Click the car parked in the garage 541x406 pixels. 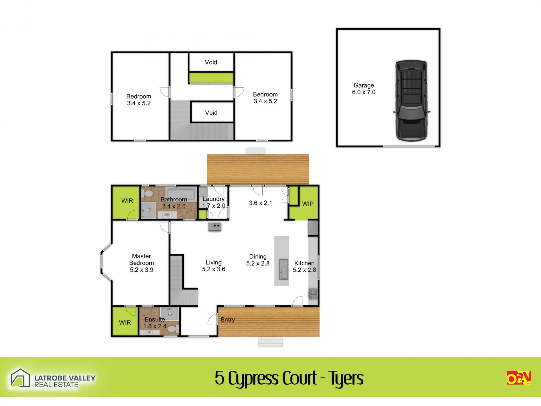(411, 100)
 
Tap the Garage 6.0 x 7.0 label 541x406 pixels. (364, 89)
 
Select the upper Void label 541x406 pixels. (211, 62)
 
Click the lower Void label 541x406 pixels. (211, 113)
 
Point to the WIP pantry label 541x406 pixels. (308, 204)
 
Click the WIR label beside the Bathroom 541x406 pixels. (127, 201)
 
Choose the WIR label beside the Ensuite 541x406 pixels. (125, 323)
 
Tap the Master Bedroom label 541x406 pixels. (141, 263)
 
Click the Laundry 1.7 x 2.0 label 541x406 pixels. (214, 202)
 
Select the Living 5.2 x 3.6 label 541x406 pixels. (214, 266)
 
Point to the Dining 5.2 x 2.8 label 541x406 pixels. (258, 260)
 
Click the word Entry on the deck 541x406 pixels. (228, 320)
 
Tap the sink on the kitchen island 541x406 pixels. (283, 269)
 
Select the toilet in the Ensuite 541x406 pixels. (174, 329)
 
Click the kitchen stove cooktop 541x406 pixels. (313, 294)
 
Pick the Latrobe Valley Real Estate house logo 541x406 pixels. (20, 378)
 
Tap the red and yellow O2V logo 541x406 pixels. (519, 378)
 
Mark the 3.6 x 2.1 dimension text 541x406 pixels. (261, 203)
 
